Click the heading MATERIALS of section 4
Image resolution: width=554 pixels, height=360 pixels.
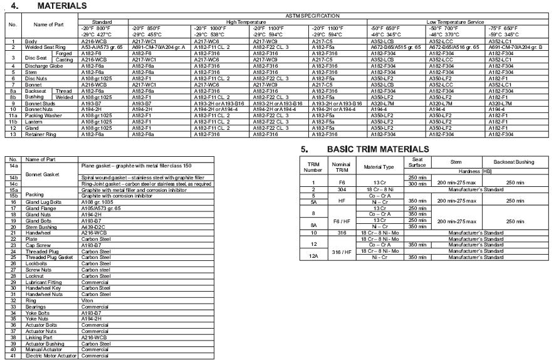pyautogui.click(x=61, y=6)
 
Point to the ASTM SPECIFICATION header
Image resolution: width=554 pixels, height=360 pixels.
pyautogui.click(x=313, y=16)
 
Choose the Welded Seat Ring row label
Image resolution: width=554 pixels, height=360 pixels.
pyautogui.click(x=44, y=47)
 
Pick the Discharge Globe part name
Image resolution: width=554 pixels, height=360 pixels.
pyautogui.click(x=43, y=66)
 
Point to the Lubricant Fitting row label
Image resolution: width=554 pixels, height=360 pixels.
pyautogui.click(x=43, y=282)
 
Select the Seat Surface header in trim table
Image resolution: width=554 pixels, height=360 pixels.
pyautogui.click(x=418, y=163)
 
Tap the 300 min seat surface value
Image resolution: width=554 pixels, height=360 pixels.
pyautogui.click(x=418, y=184)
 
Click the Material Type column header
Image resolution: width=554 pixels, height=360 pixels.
pyautogui.click(x=380, y=167)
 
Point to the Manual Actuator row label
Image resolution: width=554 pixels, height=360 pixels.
pyautogui.click(x=43, y=349)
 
